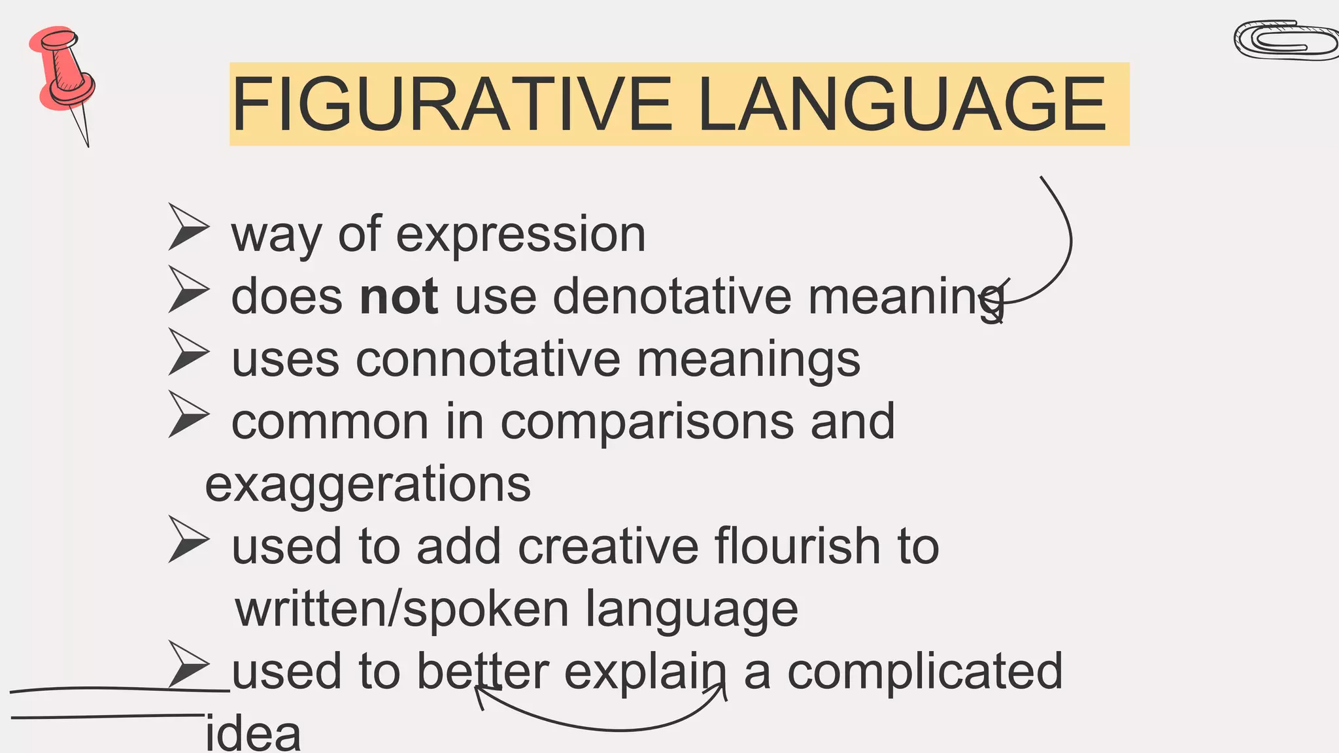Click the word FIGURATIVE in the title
(451, 105)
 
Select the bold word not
(399, 297)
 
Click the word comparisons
(647, 422)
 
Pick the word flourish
(798, 546)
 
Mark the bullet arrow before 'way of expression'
(188, 227)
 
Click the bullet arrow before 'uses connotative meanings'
(188, 352)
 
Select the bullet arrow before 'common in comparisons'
(188, 414)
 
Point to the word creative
(608, 546)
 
